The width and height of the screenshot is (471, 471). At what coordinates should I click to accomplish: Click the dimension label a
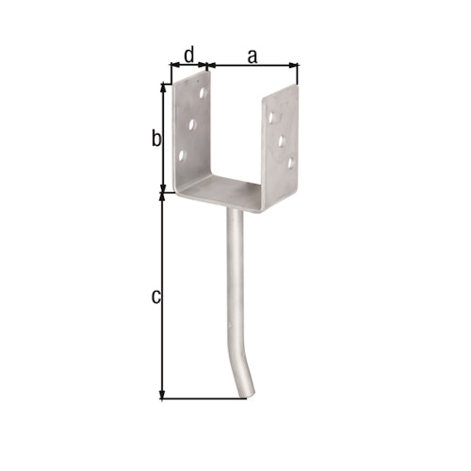tap(252, 56)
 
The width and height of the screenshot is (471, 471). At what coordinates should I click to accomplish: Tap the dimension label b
tap(157, 138)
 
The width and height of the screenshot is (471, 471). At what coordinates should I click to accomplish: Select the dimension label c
tap(156, 297)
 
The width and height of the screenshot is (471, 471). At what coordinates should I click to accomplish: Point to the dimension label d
tap(188, 55)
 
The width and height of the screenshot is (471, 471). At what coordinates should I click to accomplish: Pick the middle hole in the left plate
tap(191, 123)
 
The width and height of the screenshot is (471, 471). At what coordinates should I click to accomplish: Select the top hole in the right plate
tap(272, 120)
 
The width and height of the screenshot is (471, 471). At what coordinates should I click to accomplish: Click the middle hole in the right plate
tap(282, 141)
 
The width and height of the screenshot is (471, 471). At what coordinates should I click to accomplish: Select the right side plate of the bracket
tap(284, 141)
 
